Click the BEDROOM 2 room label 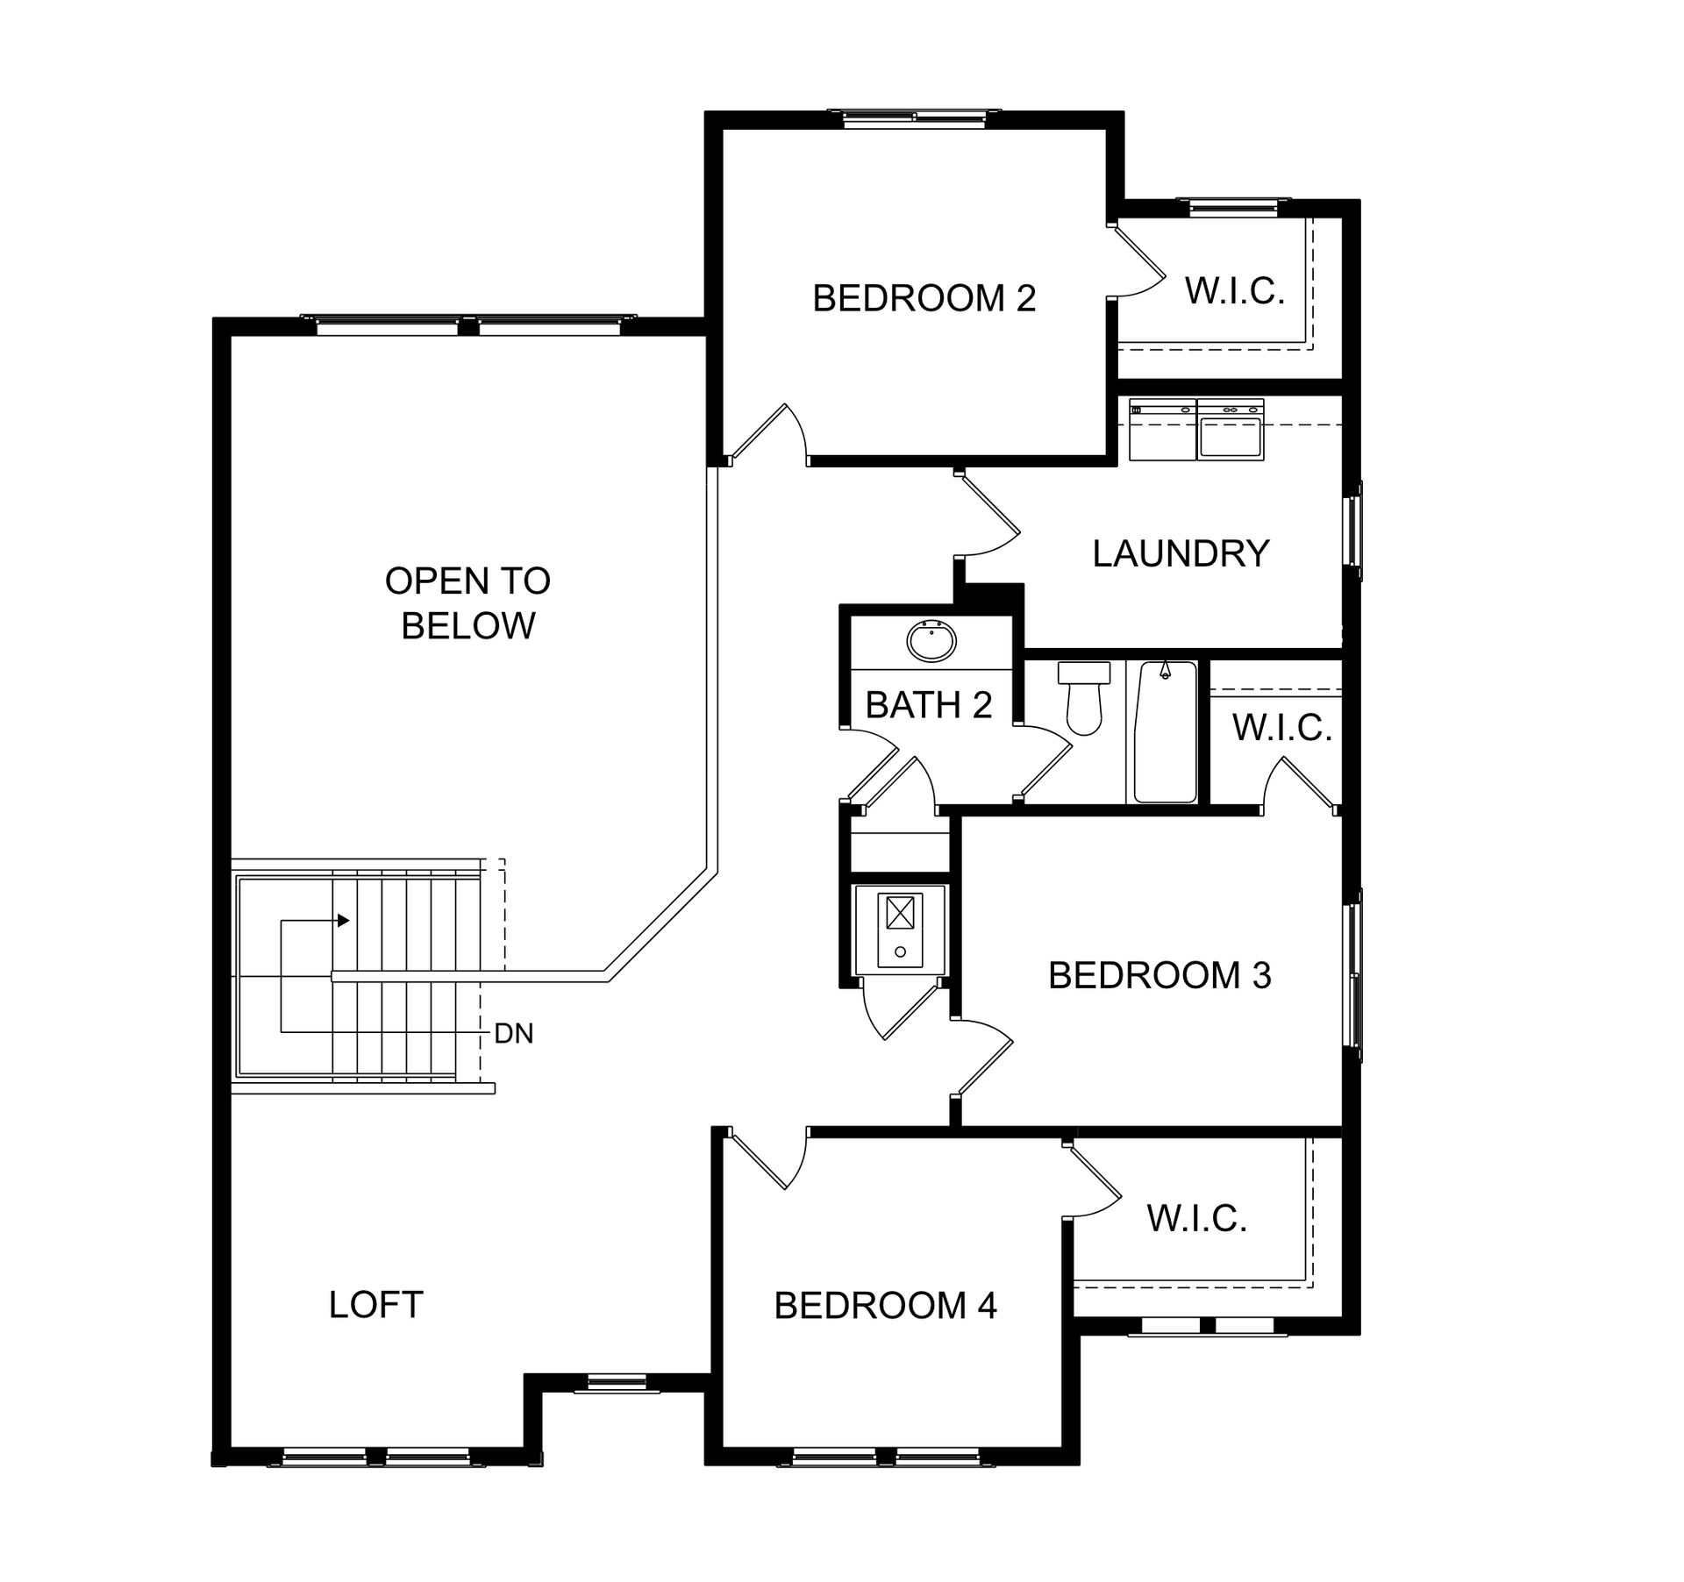[924, 298]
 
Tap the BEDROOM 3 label [1160, 975]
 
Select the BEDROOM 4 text [885, 1306]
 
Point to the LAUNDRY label [1181, 553]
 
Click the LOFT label [375, 1305]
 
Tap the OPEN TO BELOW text [467, 603]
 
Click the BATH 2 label [928, 705]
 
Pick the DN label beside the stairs [513, 1034]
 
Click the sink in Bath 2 [931, 642]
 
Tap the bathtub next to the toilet [1166, 732]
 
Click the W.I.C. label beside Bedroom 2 [1235, 291]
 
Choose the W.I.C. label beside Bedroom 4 [1197, 1218]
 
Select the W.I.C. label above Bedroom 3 [1282, 727]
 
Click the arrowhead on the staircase [344, 921]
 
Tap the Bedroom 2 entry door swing [768, 431]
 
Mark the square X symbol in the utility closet [900, 913]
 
